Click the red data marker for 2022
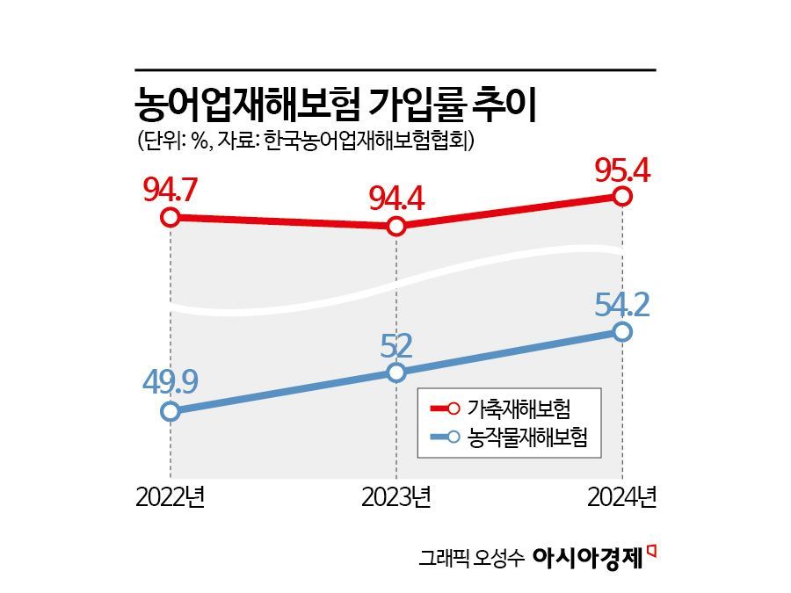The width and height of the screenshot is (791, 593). coord(171,217)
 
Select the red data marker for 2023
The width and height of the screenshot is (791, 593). coord(396,226)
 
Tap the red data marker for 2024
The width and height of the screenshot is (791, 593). coord(622,196)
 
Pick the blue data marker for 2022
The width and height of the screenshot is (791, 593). coord(171,411)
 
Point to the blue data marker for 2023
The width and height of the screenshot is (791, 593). coord(396,372)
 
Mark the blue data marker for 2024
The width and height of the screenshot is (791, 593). coord(622,331)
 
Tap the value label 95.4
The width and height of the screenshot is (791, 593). coord(621,169)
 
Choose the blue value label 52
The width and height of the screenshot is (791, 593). coord(396,345)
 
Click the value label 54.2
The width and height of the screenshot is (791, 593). coord(621,304)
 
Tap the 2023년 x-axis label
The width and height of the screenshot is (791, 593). coord(396,498)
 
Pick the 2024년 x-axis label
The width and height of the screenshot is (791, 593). coord(621,498)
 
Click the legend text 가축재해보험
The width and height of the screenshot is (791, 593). coord(519,409)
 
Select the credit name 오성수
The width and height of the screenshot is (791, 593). coord(502,558)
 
